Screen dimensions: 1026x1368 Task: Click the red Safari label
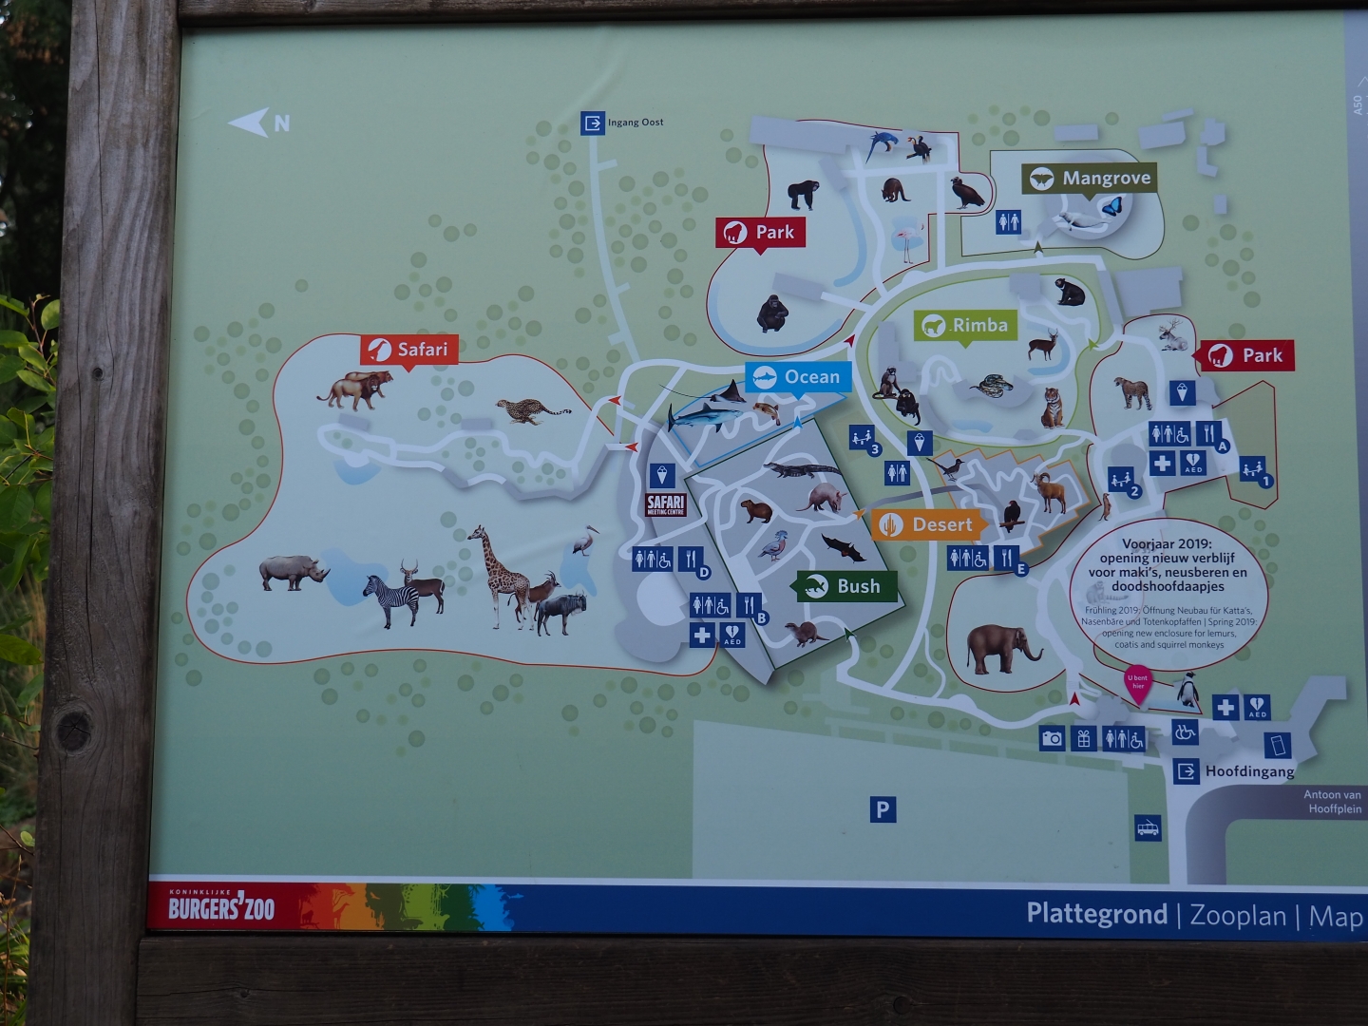tap(409, 350)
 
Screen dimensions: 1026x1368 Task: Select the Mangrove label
tap(1090, 179)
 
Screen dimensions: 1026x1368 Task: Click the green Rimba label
tap(965, 326)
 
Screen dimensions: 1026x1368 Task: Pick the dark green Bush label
tap(845, 586)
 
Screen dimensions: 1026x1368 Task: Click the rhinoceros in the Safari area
tap(293, 572)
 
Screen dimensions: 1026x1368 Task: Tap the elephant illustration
tap(1000, 649)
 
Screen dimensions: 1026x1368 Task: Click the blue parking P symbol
tap(883, 809)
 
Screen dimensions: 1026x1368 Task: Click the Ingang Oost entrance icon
tap(593, 123)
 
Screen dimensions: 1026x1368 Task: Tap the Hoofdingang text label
tap(1248, 771)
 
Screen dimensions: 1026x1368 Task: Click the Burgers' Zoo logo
tap(221, 907)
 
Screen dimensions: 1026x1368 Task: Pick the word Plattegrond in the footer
tap(1096, 914)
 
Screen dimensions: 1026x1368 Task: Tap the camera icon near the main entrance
tap(1052, 738)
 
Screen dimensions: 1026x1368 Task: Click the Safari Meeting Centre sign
tap(665, 504)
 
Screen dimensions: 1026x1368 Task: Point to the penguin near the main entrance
tap(1187, 692)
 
